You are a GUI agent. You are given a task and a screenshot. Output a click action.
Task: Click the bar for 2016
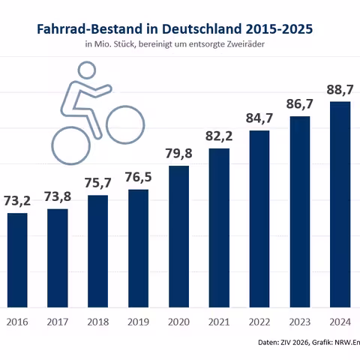18,259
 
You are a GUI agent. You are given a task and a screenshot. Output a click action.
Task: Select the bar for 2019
139,247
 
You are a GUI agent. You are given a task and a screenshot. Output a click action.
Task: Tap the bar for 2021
219,227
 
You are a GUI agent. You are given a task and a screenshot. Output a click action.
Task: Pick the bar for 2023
300,211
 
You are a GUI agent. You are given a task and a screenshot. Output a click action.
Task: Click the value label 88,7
340,90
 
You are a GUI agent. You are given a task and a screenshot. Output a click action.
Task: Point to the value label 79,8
178,154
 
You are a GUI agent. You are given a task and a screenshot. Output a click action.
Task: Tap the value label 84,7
259,118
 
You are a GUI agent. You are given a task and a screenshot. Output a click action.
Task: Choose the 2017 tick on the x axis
58,322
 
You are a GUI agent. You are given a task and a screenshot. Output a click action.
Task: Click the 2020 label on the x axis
178,322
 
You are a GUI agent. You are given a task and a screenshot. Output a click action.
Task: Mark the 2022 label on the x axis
259,322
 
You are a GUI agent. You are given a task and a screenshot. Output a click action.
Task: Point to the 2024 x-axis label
340,322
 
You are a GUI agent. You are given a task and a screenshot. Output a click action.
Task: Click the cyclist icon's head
87,70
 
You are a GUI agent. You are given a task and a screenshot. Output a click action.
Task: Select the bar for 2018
98,250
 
